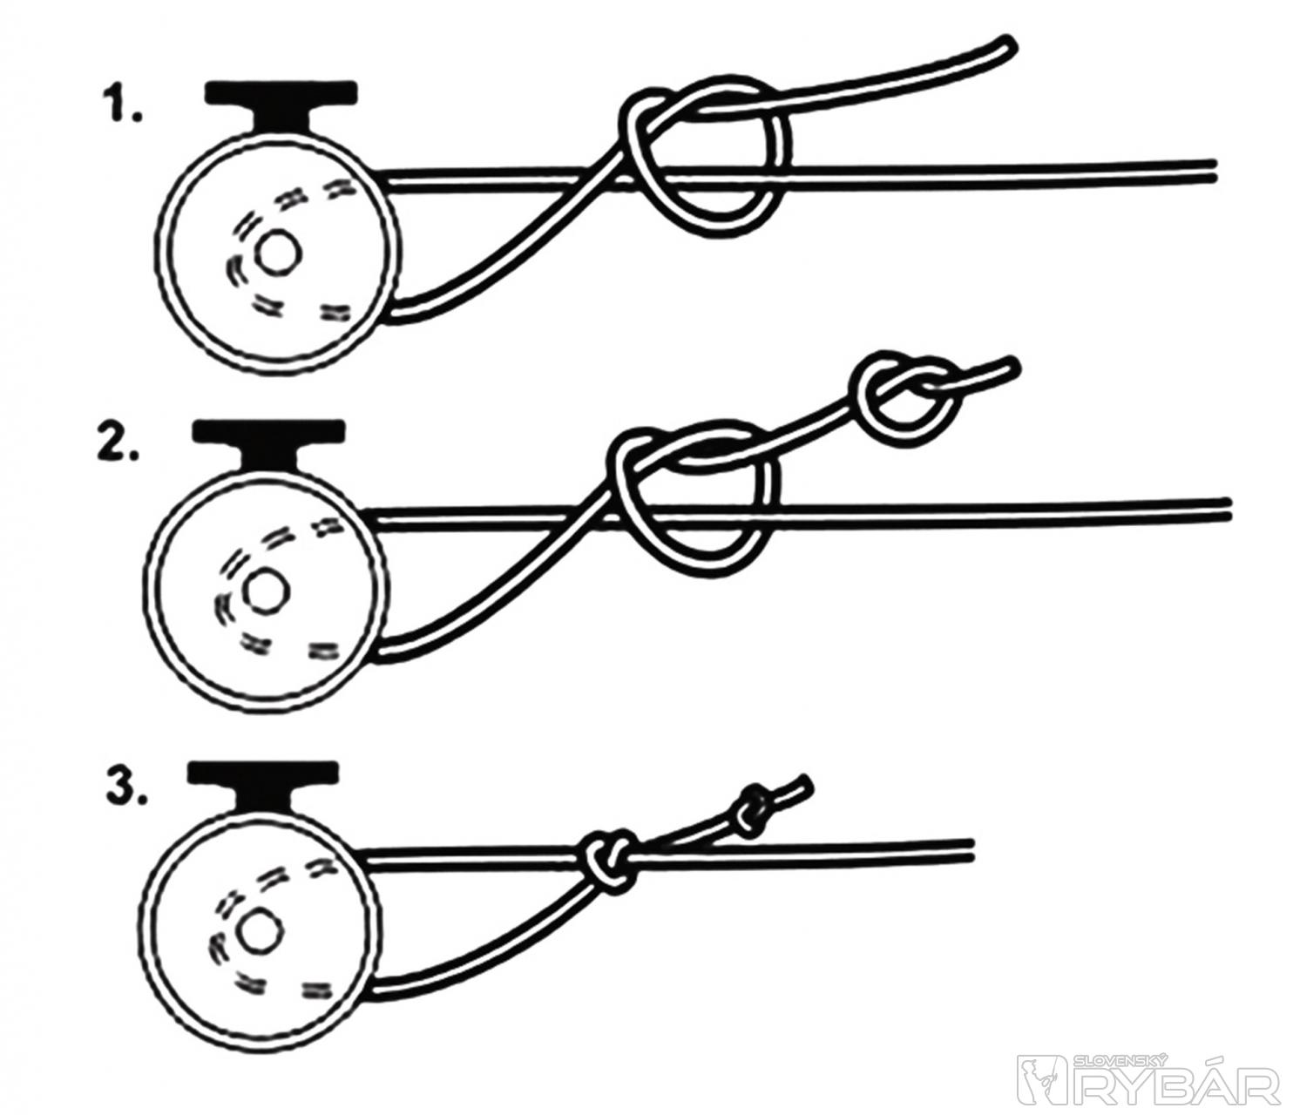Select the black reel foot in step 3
263,788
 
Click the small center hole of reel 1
281,253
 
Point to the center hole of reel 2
267,591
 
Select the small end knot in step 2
903,400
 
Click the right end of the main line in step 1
1214,170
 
